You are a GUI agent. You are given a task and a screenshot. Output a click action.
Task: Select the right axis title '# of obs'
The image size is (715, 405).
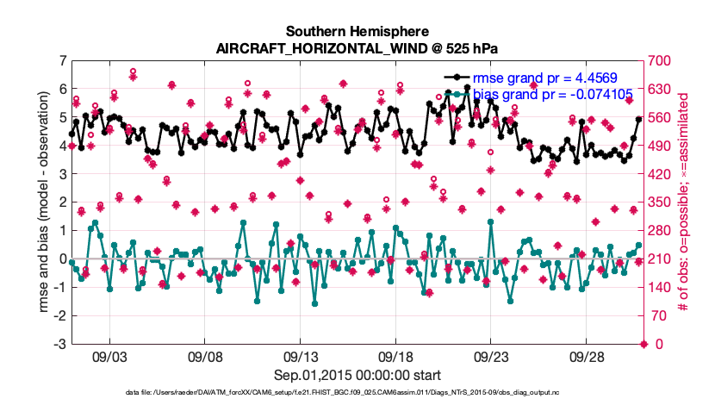[687, 202]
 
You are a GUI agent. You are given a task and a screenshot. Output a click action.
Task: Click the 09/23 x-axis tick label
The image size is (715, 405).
[492, 356]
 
